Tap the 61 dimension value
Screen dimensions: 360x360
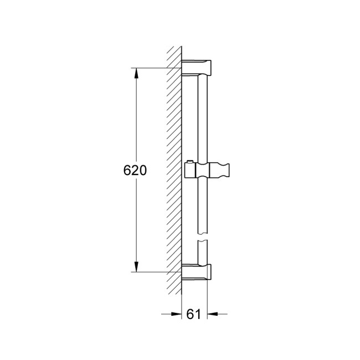[x=193, y=315]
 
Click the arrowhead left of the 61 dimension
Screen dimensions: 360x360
[x=178, y=314]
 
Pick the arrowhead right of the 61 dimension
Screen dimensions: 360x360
[x=211, y=314]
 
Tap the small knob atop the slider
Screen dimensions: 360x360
[x=191, y=162]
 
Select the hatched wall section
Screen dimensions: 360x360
[x=174, y=166]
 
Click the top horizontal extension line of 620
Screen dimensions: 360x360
[x=158, y=68]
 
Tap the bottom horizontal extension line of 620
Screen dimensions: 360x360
[x=158, y=272]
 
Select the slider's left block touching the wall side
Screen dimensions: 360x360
[x=189, y=169]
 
